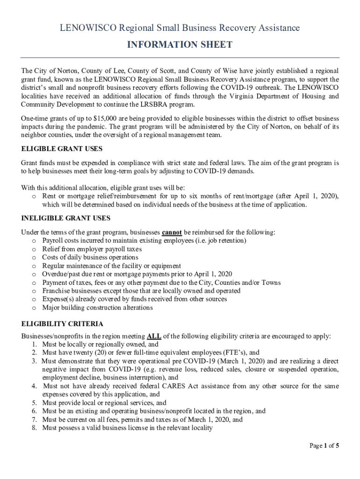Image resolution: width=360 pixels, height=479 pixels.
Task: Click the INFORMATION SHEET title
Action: [x=180, y=45]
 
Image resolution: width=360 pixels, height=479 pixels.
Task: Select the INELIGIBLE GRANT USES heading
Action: [x=66, y=218]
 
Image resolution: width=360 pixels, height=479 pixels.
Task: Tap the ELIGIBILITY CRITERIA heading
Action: [x=63, y=324]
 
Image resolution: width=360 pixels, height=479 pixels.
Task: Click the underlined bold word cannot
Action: [x=172, y=232]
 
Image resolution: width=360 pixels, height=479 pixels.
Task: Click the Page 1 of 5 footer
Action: [x=324, y=446]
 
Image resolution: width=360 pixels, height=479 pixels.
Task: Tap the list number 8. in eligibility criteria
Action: [x=35, y=428]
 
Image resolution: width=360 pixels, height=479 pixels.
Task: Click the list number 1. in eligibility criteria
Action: [x=35, y=344]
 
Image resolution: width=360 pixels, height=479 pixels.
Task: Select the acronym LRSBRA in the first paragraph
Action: [x=153, y=105]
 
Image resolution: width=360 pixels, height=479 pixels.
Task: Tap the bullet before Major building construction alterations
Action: [x=34, y=308]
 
